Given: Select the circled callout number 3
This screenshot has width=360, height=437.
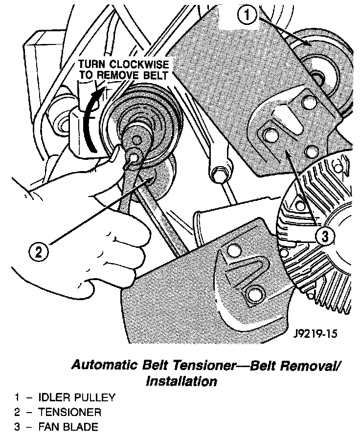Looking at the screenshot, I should tap(325, 237).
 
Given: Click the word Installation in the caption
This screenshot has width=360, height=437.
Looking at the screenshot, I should tap(181, 381).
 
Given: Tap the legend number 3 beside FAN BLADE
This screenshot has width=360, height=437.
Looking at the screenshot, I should tap(17, 427).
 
